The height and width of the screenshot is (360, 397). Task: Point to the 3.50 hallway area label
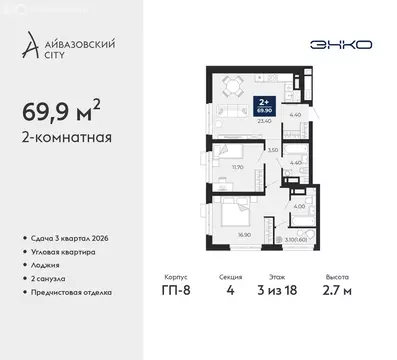coord(272,149)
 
